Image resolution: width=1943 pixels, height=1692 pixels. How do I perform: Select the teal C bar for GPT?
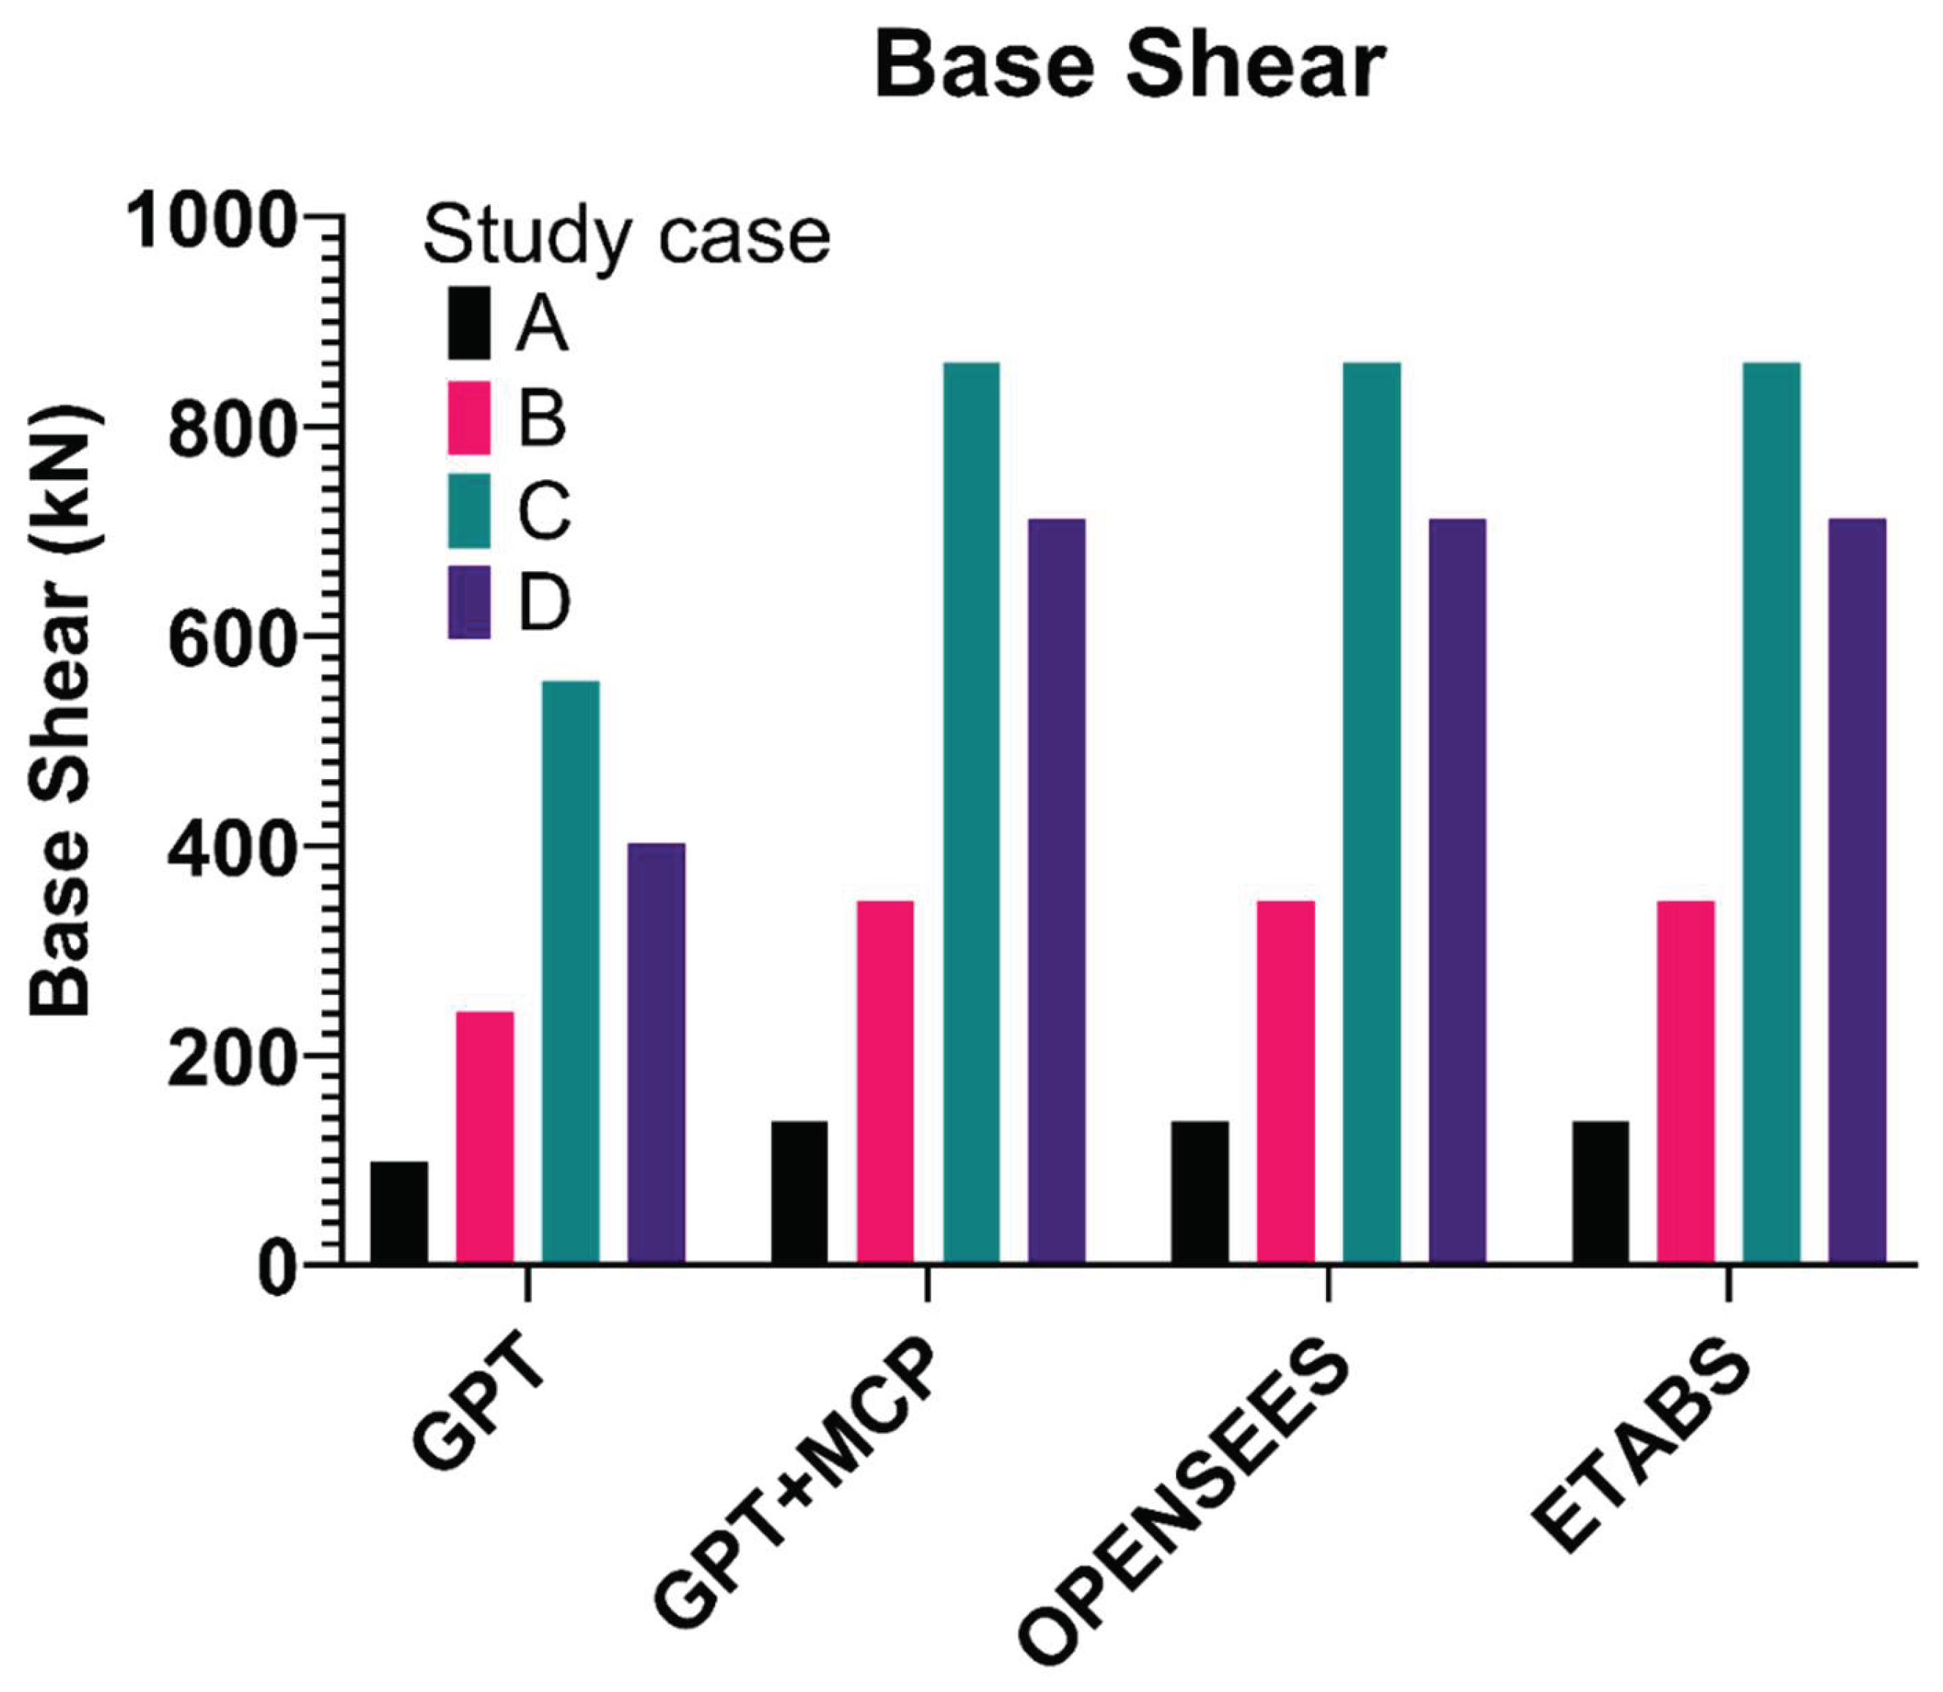click(571, 971)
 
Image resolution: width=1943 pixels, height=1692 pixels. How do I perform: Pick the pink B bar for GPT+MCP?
click(885, 1082)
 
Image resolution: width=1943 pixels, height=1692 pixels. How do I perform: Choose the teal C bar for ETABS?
click(1771, 813)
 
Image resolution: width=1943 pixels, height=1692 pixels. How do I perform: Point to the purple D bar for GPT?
click(656, 1053)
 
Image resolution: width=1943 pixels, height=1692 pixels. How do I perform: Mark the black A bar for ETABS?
click(1600, 1192)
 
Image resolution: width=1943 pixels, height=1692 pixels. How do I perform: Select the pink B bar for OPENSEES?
click(1286, 1082)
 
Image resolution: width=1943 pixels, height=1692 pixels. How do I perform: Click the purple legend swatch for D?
click(468, 602)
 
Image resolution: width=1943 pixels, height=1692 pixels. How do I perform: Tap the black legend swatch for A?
click(468, 323)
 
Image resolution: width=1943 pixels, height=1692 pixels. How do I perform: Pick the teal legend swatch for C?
click(468, 511)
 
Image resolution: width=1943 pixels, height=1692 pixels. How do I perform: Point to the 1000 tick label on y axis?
click(211, 221)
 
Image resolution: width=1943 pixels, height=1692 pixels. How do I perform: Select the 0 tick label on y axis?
click(277, 1270)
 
